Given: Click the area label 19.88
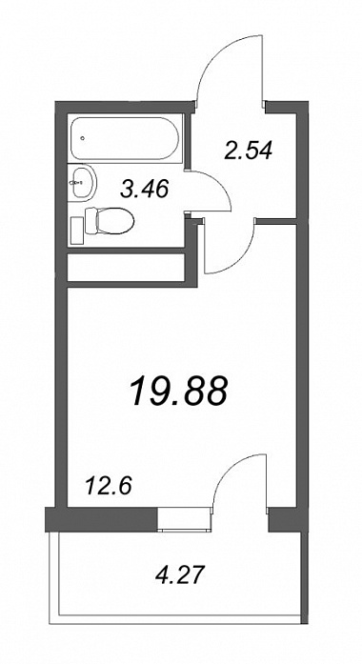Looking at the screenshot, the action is (179, 391).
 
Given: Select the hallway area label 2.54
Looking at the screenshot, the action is (248, 150).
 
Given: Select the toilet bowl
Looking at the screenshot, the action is (115, 220).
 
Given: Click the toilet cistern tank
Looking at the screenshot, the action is (91, 220).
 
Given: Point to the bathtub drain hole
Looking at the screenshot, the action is (83, 137).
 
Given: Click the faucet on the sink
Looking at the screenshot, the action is (76, 183).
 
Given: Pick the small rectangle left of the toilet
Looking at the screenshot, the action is (76, 230).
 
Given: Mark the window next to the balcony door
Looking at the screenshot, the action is (184, 519).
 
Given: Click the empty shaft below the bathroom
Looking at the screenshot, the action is (126, 267).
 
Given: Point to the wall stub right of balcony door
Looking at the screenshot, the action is (285, 519).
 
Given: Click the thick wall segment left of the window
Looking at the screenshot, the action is (102, 519).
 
